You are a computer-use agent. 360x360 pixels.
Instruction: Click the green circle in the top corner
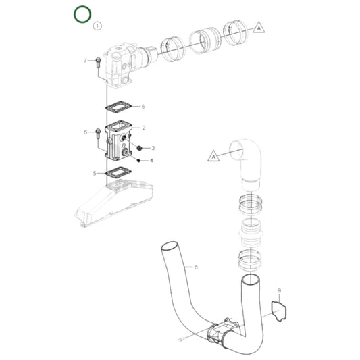(82, 14)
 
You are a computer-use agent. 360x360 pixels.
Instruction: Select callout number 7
(86, 61)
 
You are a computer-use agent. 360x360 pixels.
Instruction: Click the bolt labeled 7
(98, 63)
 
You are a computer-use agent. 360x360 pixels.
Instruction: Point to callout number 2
(143, 127)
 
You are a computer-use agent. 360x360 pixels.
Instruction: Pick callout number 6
(86, 132)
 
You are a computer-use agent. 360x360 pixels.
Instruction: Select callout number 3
(153, 147)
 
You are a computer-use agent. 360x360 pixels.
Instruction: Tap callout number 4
(151, 161)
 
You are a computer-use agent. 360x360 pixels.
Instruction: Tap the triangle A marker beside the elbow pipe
(213, 156)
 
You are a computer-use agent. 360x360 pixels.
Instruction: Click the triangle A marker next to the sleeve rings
(259, 28)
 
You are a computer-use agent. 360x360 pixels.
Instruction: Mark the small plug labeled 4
(137, 160)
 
